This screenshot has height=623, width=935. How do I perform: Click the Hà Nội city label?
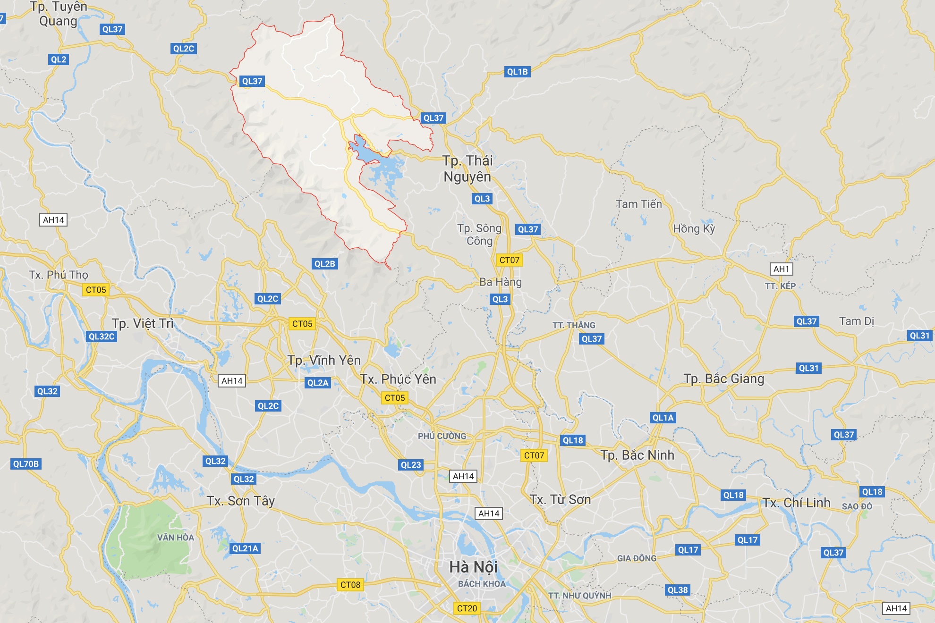coord(473,567)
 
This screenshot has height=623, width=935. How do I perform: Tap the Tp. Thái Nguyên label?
coord(467,168)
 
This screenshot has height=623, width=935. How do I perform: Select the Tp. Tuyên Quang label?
coord(58,14)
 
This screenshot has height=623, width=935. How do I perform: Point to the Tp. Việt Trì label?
coord(143,323)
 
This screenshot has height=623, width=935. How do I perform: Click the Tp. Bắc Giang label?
coord(723,379)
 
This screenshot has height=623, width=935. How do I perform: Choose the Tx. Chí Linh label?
coord(796,503)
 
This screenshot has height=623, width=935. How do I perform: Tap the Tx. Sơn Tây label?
coord(240,501)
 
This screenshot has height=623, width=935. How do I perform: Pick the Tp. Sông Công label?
coord(479,235)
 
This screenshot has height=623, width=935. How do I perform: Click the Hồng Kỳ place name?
coord(694,228)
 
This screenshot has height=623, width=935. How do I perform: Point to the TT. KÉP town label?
coord(780,286)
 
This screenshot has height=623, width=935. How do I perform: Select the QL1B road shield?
coord(517,72)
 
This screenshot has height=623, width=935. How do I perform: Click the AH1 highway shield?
coord(781,269)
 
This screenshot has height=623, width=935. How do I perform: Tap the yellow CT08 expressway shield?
coord(350,585)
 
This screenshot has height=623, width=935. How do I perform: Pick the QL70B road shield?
coord(26,464)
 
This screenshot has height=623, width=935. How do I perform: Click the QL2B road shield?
coord(324,264)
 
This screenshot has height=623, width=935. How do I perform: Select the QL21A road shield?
coord(245,548)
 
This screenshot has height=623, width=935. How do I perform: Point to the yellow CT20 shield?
coord(467,608)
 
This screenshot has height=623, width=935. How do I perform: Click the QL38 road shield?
coord(678,590)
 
